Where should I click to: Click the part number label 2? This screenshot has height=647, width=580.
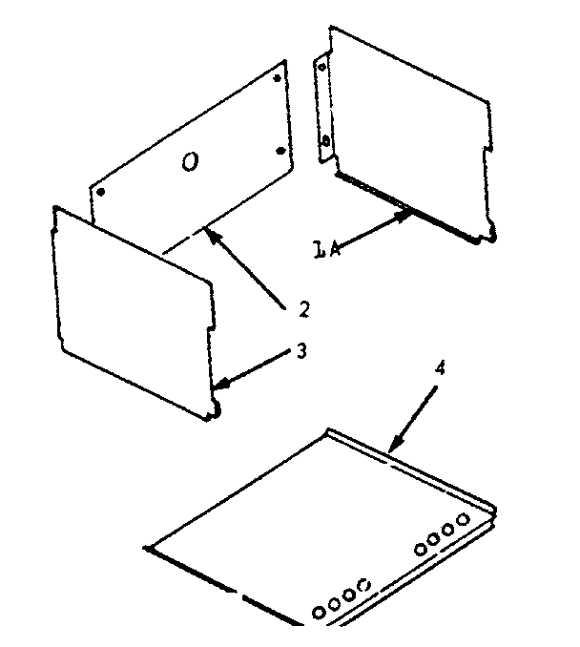click(302, 308)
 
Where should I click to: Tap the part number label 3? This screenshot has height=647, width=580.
click(301, 351)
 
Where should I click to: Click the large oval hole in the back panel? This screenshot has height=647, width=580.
click(190, 164)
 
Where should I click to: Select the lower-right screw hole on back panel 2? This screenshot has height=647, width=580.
click(279, 150)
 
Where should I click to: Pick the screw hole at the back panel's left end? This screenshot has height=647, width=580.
click(100, 191)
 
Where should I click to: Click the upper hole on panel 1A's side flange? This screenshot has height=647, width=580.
click(321, 69)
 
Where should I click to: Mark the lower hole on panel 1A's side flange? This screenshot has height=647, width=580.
click(327, 141)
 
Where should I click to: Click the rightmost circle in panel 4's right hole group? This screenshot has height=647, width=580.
click(463, 519)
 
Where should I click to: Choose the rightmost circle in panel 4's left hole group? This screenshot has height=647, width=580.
click(362, 582)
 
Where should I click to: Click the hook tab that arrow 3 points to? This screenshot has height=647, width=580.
click(216, 408)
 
